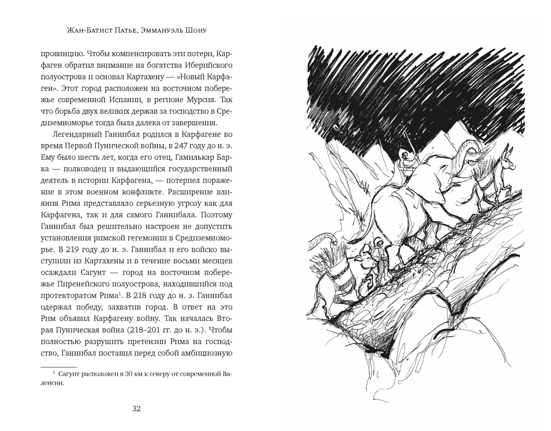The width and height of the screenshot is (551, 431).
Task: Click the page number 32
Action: click(136, 408)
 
